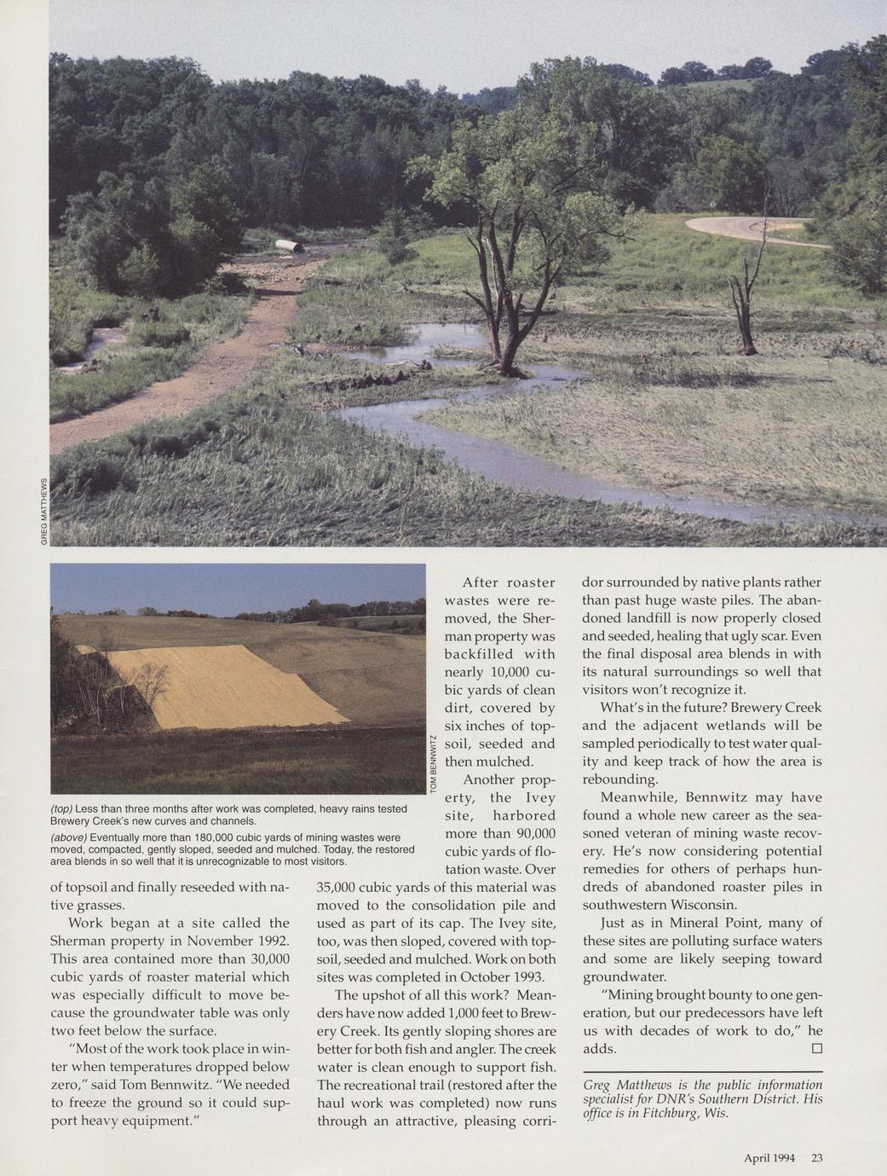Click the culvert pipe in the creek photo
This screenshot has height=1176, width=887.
(x=286, y=246)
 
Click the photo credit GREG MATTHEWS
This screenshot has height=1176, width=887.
(x=43, y=511)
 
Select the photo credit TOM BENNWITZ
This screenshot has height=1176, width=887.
(x=434, y=764)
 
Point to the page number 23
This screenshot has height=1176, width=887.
(x=816, y=1157)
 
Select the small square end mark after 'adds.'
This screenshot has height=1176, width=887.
(x=815, y=1048)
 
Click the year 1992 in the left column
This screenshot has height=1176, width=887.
(x=274, y=941)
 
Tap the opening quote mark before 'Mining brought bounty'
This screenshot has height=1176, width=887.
(x=603, y=995)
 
